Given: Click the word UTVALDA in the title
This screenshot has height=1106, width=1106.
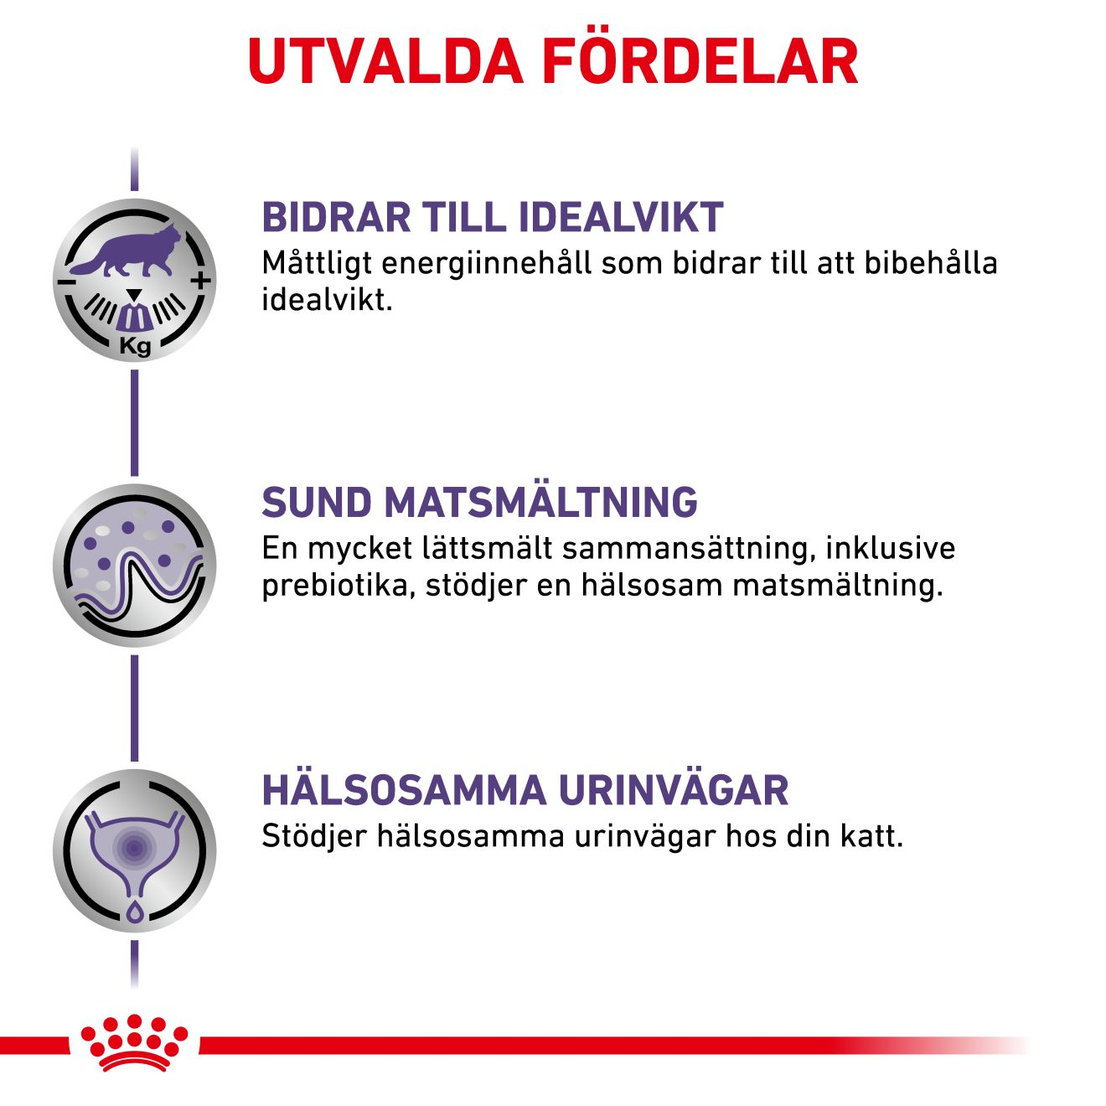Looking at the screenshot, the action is (385, 61).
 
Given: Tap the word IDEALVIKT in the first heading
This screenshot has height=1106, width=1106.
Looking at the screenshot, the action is (620, 218).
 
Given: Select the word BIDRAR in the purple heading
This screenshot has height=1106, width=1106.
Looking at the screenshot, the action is (336, 218).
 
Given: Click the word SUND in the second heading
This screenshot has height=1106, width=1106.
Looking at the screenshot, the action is (317, 503).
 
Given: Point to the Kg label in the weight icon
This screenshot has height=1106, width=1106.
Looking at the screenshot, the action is (136, 347).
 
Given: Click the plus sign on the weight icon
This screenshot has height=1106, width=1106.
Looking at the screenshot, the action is (201, 282).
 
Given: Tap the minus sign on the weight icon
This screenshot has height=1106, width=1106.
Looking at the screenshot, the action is (65, 282).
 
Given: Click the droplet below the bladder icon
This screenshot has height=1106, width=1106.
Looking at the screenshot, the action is (134, 909).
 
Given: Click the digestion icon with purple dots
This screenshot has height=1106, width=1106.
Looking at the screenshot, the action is (134, 565).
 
